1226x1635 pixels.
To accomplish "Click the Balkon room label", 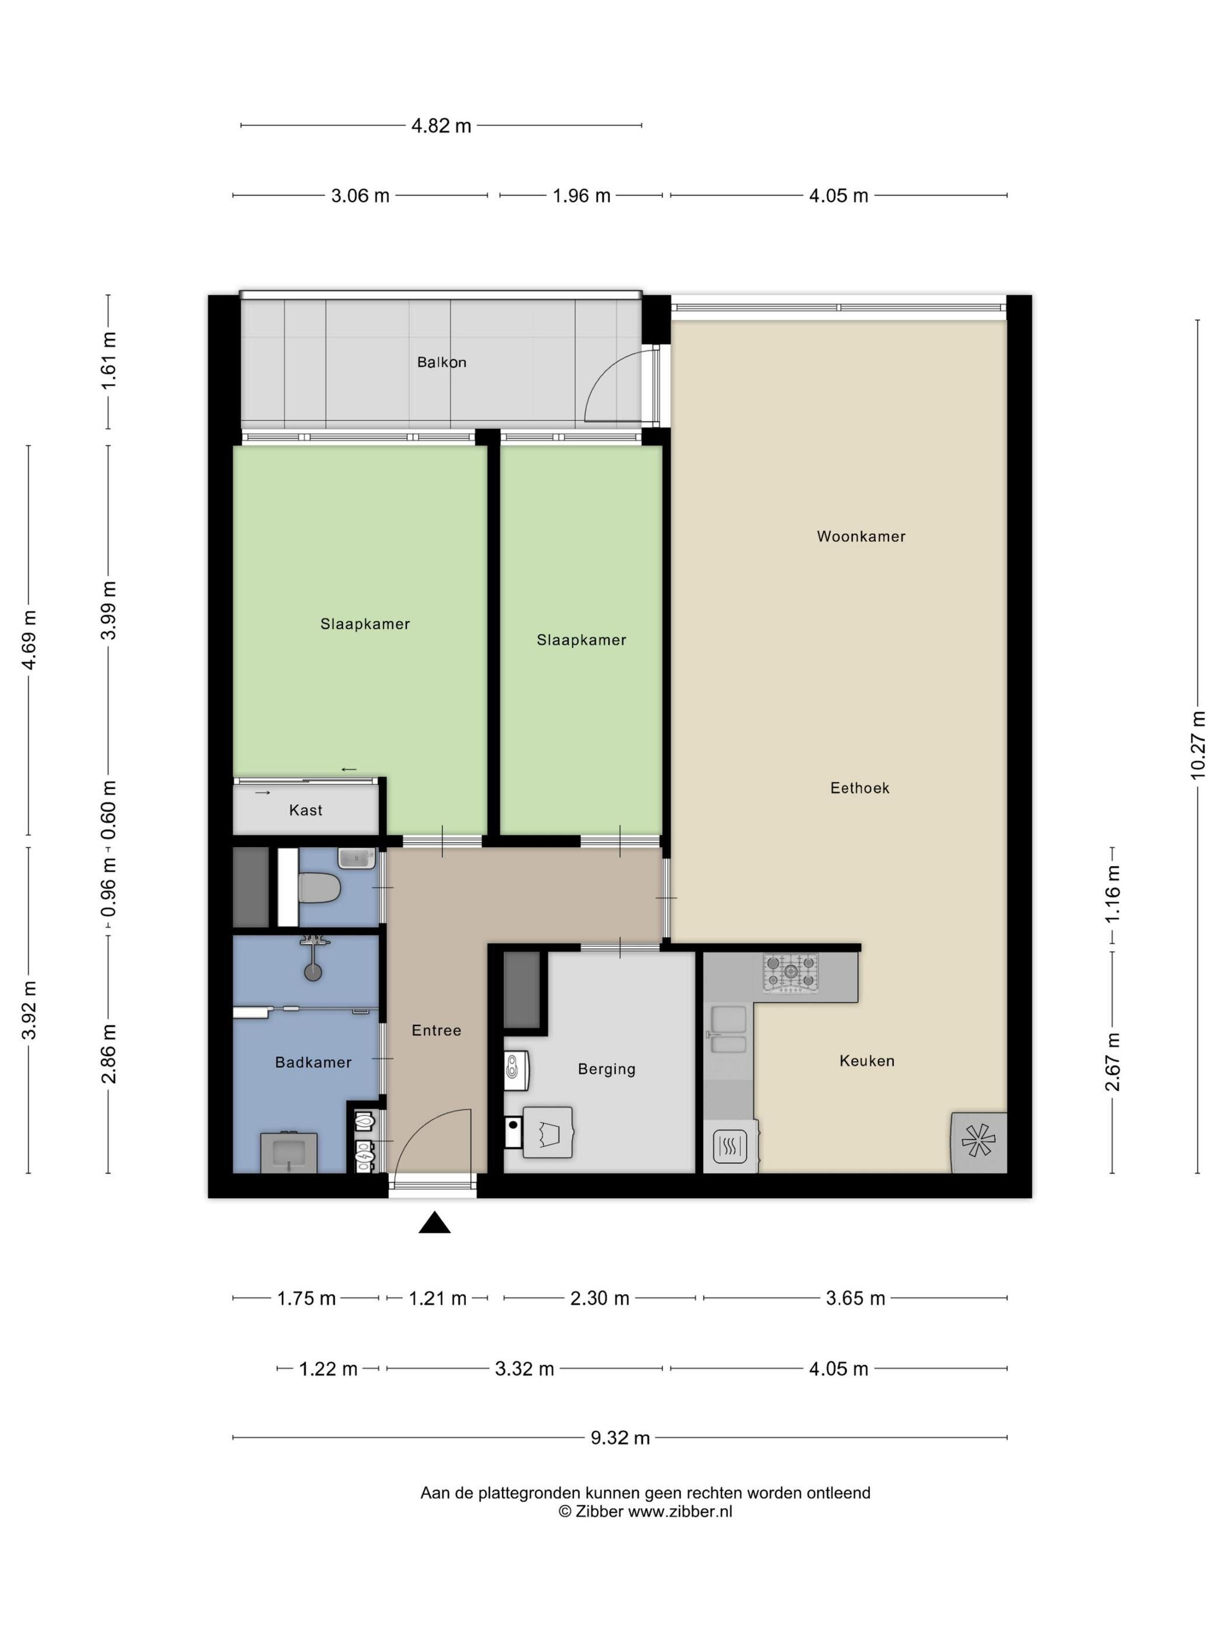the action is click(441, 362).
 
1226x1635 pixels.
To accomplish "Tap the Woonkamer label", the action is click(861, 537).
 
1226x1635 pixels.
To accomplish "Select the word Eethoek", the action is click(859, 788).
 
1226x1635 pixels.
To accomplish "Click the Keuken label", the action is click(867, 1060).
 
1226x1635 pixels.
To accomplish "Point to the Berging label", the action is click(607, 1069).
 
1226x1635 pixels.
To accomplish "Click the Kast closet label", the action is click(306, 810).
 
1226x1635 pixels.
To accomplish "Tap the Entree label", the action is click(436, 1031).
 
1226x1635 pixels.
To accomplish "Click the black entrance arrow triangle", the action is click(434, 1223).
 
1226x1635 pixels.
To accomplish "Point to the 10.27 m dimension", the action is click(1197, 745).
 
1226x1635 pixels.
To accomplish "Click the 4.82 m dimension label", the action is click(441, 126).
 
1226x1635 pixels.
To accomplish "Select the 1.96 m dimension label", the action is click(581, 196).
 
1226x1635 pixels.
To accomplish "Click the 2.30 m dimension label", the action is click(600, 1298).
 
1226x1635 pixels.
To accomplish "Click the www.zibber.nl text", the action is click(680, 1512).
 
